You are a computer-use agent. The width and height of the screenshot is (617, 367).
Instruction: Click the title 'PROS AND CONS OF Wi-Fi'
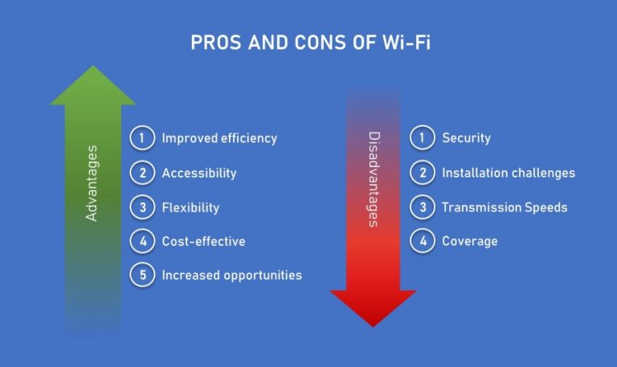[x=308, y=42]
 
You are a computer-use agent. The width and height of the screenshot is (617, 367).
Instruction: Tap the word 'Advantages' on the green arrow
[x=92, y=183]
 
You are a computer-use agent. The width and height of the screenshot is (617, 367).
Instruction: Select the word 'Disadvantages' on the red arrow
[x=373, y=179]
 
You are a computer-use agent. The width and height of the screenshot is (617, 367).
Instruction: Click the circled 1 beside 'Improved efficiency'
[x=141, y=137]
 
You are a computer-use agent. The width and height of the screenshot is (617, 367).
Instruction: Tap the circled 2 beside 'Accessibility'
[x=141, y=172]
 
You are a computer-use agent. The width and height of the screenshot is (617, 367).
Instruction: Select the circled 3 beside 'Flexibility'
[x=141, y=206]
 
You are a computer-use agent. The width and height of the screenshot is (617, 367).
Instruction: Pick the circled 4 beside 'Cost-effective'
[x=141, y=240]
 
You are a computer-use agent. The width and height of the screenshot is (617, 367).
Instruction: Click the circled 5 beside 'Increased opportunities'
[x=141, y=275]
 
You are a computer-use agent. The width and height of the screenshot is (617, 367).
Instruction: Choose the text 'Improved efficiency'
[x=219, y=138]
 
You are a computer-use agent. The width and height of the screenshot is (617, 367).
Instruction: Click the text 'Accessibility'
[x=199, y=173]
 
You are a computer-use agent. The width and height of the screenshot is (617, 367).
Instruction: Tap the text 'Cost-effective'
[x=203, y=241]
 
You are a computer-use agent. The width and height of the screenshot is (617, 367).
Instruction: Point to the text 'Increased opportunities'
[x=231, y=275]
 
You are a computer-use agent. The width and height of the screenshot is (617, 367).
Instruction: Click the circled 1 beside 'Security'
[x=422, y=137]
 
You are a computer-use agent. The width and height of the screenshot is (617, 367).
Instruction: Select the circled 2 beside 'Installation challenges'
[x=422, y=172]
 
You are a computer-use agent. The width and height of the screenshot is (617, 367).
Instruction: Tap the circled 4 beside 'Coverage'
[x=422, y=240]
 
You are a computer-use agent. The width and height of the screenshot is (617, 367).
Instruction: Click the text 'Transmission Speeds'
[x=505, y=207]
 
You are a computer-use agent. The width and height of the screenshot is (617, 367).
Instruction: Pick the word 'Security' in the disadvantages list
[x=466, y=138]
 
